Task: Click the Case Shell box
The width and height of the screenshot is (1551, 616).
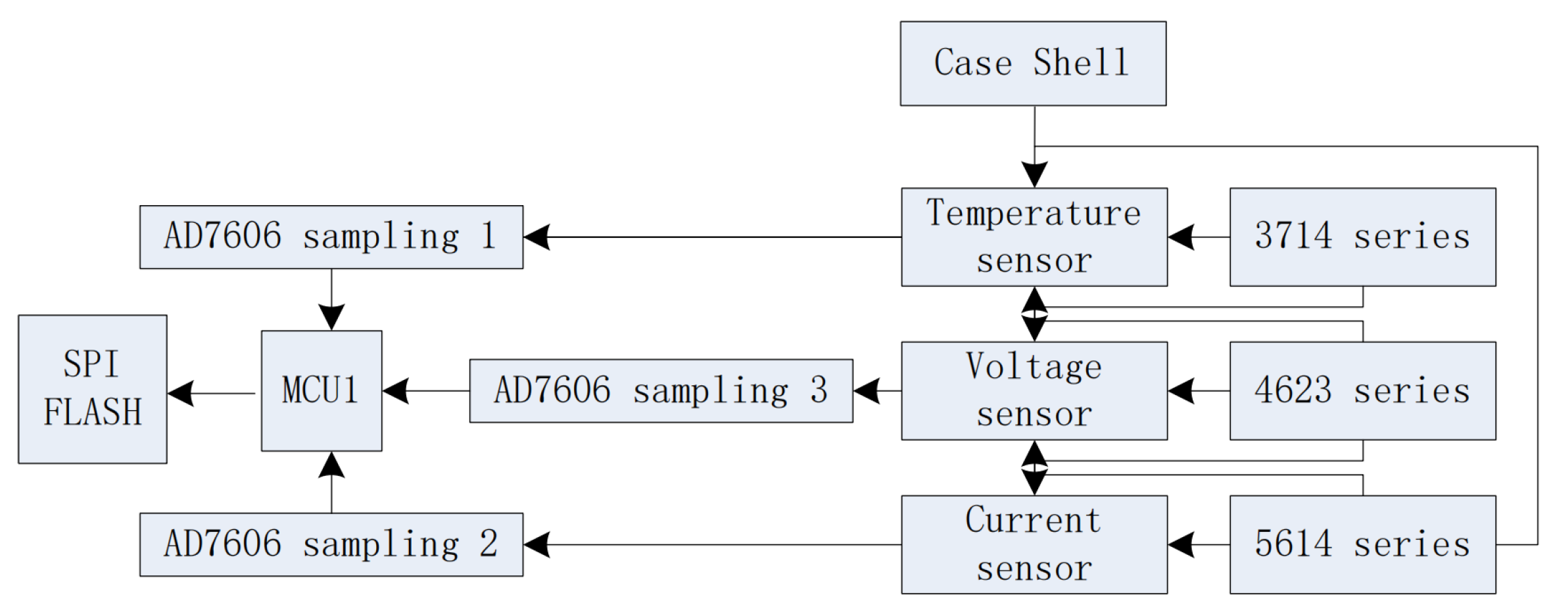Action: [x=1032, y=63]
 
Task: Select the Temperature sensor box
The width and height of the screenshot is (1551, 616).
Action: [x=1034, y=237]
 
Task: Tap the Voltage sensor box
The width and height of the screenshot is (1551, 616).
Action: [x=1034, y=391]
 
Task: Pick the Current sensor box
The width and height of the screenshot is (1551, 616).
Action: [x=1034, y=544]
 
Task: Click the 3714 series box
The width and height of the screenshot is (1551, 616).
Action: [x=1362, y=237]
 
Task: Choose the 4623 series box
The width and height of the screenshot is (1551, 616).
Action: [x=1362, y=391]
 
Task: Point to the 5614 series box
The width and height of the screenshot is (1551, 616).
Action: [x=1362, y=544]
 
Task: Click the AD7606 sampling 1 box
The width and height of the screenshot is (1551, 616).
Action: [x=331, y=237]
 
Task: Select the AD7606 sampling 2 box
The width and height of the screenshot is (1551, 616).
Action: [x=331, y=544]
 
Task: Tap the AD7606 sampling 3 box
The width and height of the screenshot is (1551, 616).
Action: [x=661, y=391]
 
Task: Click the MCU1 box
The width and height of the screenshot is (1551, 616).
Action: [x=321, y=391]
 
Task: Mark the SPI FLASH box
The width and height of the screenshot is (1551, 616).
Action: [x=92, y=389]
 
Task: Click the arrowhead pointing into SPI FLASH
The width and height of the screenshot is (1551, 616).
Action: [x=180, y=393]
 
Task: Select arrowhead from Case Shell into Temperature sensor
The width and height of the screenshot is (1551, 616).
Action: [x=1034, y=175]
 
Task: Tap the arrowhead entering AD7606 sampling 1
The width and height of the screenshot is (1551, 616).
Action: [x=537, y=237]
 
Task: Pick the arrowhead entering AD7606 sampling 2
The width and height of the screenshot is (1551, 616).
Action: [x=537, y=544]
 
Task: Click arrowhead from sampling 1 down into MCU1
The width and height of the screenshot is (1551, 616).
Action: [x=331, y=318]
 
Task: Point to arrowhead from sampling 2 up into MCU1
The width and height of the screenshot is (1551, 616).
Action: [x=331, y=464]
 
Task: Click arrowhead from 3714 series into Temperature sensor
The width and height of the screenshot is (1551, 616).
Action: [x=1181, y=237]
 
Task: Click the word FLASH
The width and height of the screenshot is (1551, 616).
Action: [x=92, y=413]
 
